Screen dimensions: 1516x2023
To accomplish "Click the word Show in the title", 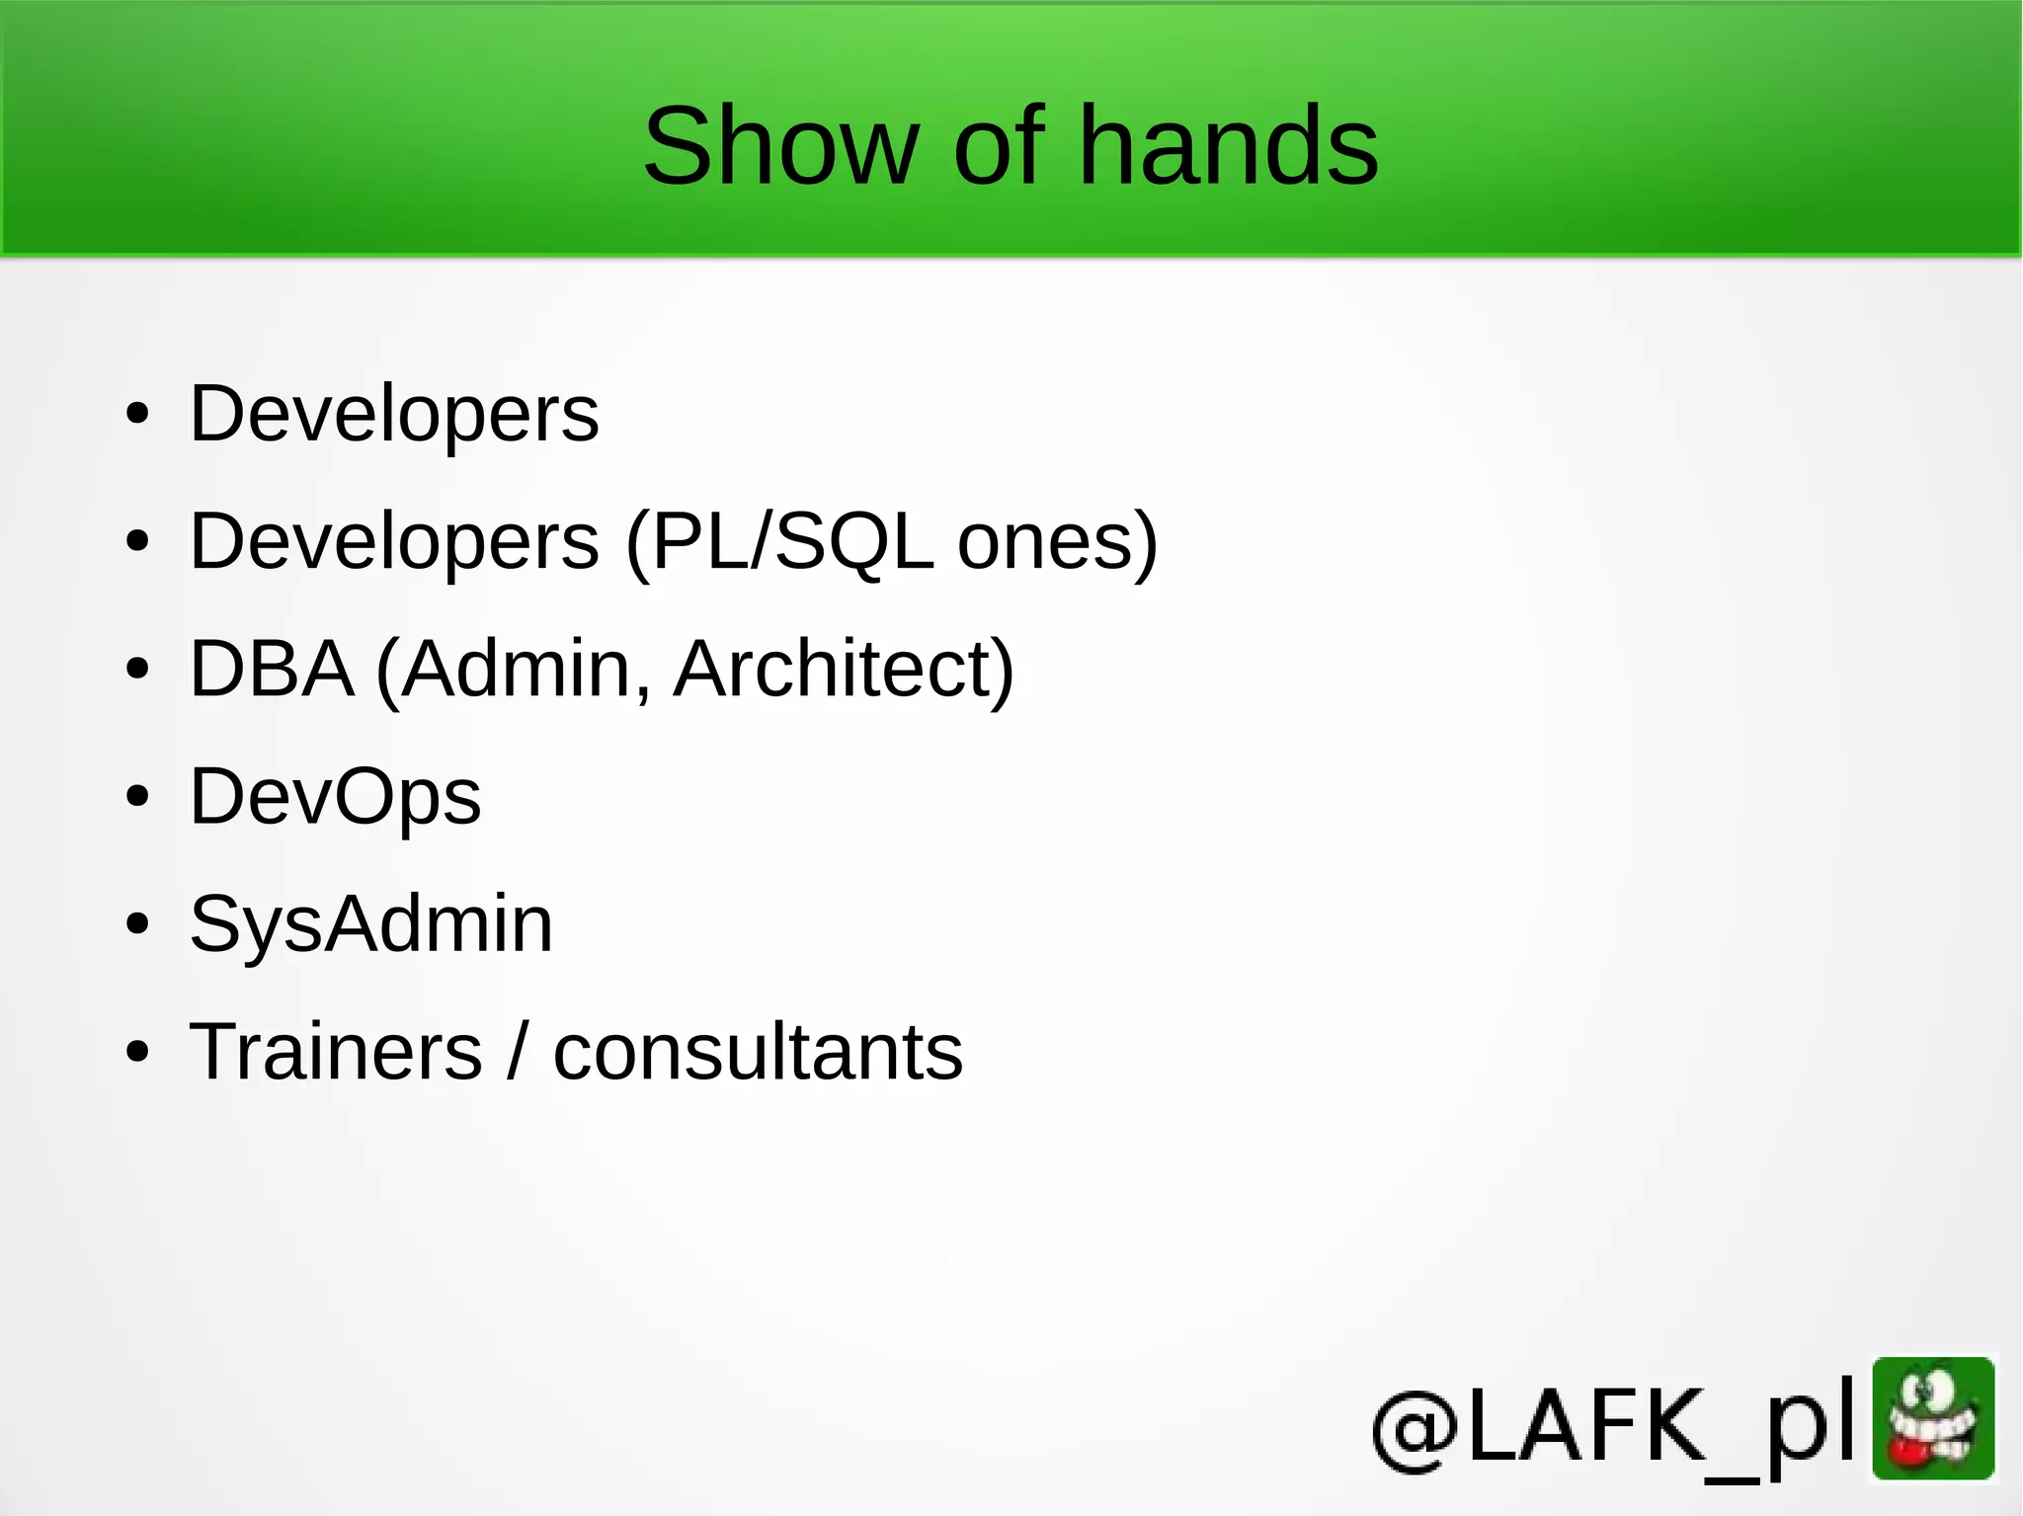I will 780,146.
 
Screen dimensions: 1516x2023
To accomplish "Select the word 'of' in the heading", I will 998,146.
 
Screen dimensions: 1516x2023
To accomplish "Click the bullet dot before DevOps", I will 137,796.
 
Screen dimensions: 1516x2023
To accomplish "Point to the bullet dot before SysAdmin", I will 137,924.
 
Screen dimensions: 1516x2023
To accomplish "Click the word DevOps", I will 335,796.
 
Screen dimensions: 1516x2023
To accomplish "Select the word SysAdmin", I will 370,924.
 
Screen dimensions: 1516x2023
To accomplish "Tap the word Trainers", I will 336,1051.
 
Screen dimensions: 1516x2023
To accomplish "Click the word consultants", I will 758,1051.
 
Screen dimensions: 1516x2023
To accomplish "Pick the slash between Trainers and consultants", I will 518,1051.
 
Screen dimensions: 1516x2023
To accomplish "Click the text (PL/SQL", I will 779,541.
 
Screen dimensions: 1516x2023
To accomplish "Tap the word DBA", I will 272,669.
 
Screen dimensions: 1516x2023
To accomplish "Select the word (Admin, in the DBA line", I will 514,669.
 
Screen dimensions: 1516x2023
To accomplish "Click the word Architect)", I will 843,669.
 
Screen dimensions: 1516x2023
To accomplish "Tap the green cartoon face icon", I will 1933,1419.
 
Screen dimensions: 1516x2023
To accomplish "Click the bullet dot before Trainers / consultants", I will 137,1052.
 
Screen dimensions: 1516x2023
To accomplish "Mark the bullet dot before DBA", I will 137,669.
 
